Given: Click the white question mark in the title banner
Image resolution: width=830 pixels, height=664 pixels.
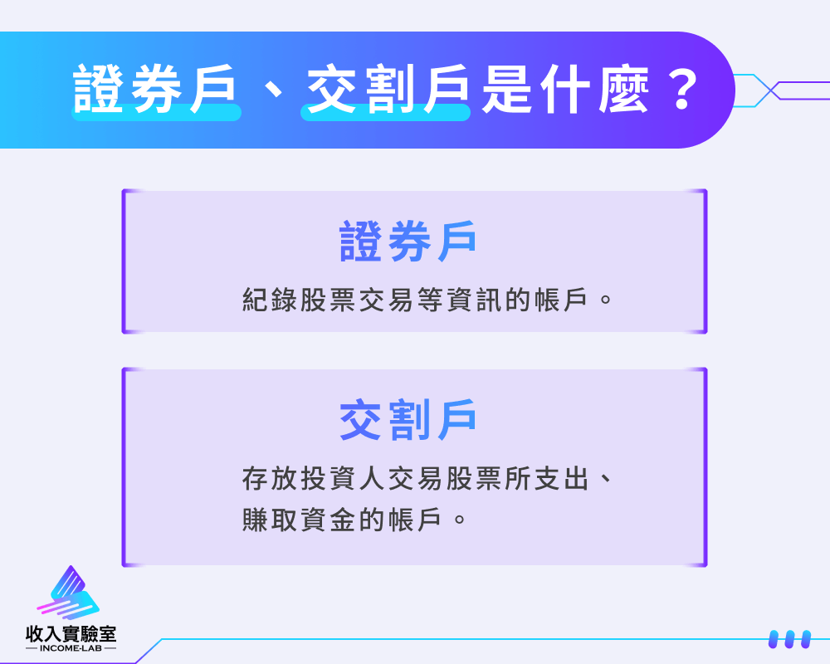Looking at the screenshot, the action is coord(682,90).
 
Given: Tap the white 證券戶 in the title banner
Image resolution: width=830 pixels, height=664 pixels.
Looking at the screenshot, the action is coord(154,89).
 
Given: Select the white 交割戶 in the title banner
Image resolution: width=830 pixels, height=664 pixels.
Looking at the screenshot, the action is coord(388,89).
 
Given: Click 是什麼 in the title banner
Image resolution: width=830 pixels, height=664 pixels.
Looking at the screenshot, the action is coord(564,89).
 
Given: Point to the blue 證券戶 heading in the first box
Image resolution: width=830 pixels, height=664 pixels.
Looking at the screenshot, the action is coord(408,242).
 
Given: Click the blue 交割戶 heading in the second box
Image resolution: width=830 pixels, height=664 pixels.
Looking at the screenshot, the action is coord(408,420).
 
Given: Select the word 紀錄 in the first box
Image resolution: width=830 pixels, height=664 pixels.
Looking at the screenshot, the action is coord(271,299).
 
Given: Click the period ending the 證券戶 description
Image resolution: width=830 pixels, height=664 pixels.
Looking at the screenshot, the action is coord(606,300).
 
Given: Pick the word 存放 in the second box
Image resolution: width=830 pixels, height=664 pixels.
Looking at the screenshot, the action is coord(271,478).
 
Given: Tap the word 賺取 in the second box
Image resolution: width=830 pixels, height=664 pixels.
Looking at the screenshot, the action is coord(271,520).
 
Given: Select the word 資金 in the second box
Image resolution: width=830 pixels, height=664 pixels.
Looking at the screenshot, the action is coord(329,520).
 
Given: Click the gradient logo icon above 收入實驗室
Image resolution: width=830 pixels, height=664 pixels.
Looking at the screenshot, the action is coord(69,593).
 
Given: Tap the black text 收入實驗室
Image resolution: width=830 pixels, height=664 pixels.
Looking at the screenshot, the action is coord(71,633).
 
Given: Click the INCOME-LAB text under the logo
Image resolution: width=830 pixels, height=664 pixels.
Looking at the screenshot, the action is coord(71,648).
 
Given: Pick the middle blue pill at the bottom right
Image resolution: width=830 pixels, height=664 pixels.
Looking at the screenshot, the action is coord(790,639).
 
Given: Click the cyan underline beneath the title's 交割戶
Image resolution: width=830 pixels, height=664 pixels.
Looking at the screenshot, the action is coord(385,113).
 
